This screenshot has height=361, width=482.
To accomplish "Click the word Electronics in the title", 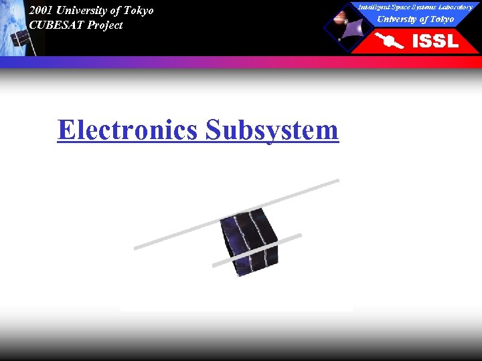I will coord(127,130).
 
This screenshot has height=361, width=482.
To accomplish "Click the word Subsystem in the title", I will coord(272,130).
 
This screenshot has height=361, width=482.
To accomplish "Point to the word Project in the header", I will coord(105,25).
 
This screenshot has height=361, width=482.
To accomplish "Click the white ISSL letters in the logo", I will coord(434,41).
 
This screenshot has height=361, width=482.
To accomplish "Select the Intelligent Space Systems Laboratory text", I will coord(415,7).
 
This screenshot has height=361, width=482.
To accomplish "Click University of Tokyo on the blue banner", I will coord(415,19).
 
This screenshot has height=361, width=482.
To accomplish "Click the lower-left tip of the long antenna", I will coord(137,247).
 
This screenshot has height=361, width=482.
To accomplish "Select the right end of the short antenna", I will coord(299,235).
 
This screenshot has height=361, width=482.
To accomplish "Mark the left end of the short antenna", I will coord(214,265).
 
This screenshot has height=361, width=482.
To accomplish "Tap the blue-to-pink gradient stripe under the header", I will coord(241,62).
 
